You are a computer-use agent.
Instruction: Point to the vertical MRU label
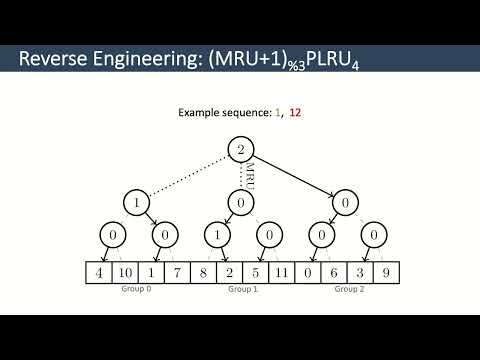[x=250, y=174]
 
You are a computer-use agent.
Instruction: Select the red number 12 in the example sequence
[x=295, y=114]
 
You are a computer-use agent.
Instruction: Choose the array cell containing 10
[x=123, y=272]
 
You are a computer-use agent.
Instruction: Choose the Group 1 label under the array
[x=241, y=289]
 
